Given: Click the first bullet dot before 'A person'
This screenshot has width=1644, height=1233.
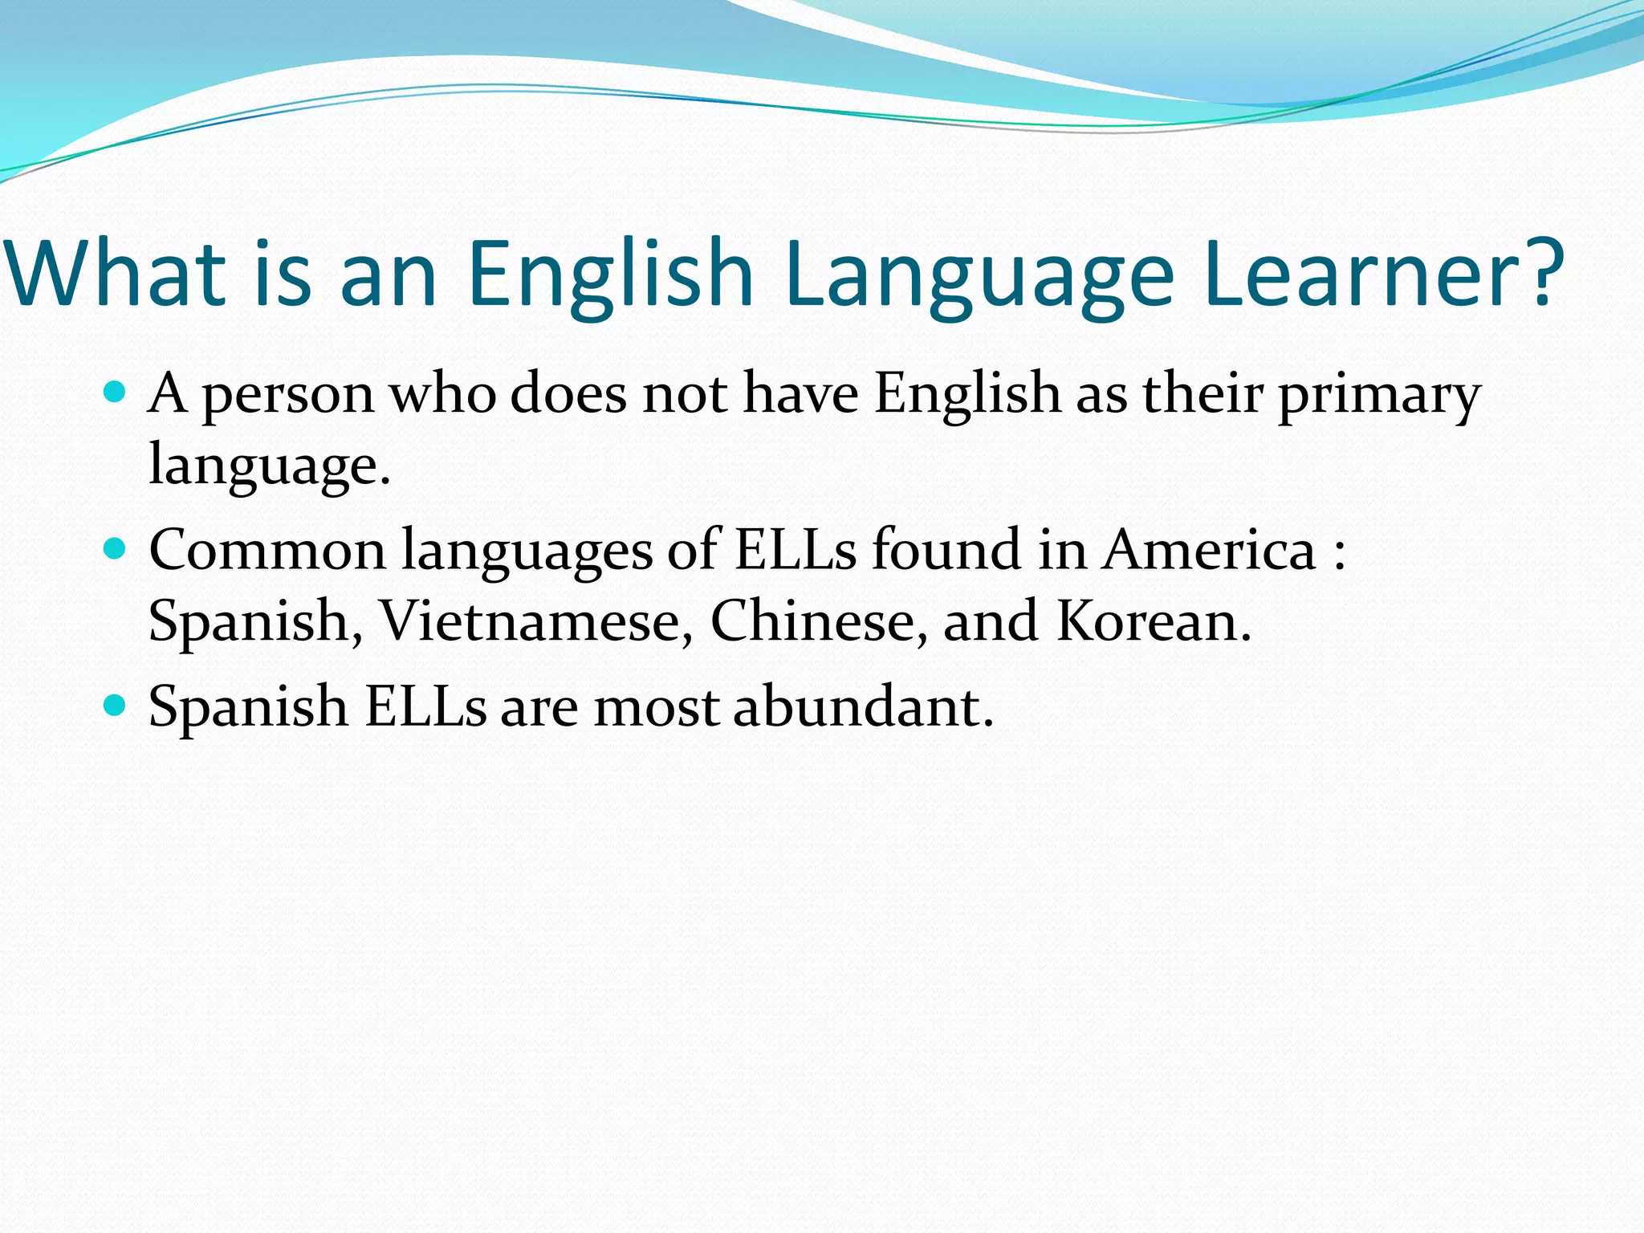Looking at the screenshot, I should pos(116,393).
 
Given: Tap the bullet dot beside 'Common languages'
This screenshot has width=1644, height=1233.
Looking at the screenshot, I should pos(116,549).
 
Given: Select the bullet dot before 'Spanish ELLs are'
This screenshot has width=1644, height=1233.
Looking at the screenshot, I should pos(116,706).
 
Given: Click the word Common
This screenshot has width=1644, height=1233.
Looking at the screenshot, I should pos(267,551).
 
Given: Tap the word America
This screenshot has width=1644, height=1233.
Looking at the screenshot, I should pos(1208,551).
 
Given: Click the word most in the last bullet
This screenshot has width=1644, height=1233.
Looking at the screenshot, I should pos(656,709).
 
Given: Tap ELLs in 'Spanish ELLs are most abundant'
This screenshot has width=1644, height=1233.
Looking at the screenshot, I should pos(425,707).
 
